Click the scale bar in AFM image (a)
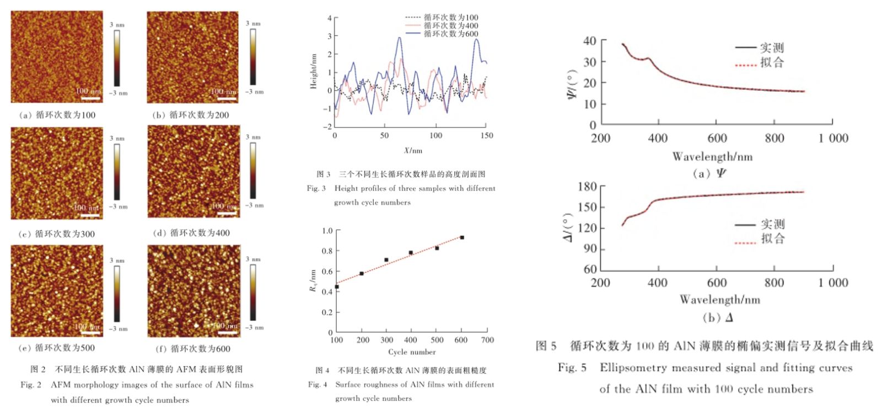pos(90,98)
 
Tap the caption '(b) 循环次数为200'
pos(190,115)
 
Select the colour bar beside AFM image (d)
pos(253,171)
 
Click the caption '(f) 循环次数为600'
pos(193,348)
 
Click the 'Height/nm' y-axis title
pos(314,72)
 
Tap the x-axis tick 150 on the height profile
pos(487,135)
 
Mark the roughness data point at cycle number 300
pos(386,259)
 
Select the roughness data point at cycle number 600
pos(462,237)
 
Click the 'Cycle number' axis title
pos(412,352)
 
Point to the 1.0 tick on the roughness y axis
pos(327,231)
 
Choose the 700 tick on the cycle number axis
pos(487,340)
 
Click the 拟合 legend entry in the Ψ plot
pos(760,62)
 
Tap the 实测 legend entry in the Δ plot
pos(761,224)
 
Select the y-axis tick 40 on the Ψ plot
pos(589,41)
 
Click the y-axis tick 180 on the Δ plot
pos(587,187)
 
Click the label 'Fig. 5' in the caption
pos(572,368)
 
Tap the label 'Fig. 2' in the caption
pos(31,385)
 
